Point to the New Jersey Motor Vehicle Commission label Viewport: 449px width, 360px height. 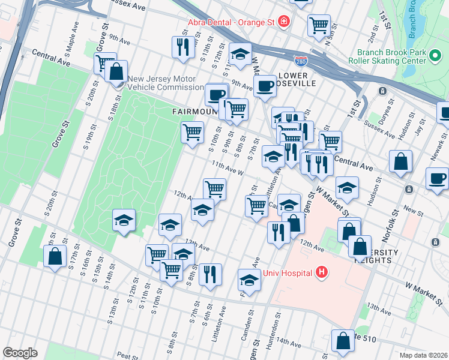[162, 84]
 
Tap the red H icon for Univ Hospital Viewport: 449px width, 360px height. [322, 273]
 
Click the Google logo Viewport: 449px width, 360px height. [20, 352]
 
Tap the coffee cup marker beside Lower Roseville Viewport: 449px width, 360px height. [264, 85]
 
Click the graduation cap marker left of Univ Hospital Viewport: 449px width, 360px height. [249, 279]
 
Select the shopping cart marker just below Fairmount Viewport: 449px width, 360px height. [192, 131]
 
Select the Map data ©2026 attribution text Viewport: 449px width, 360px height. [423, 355]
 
